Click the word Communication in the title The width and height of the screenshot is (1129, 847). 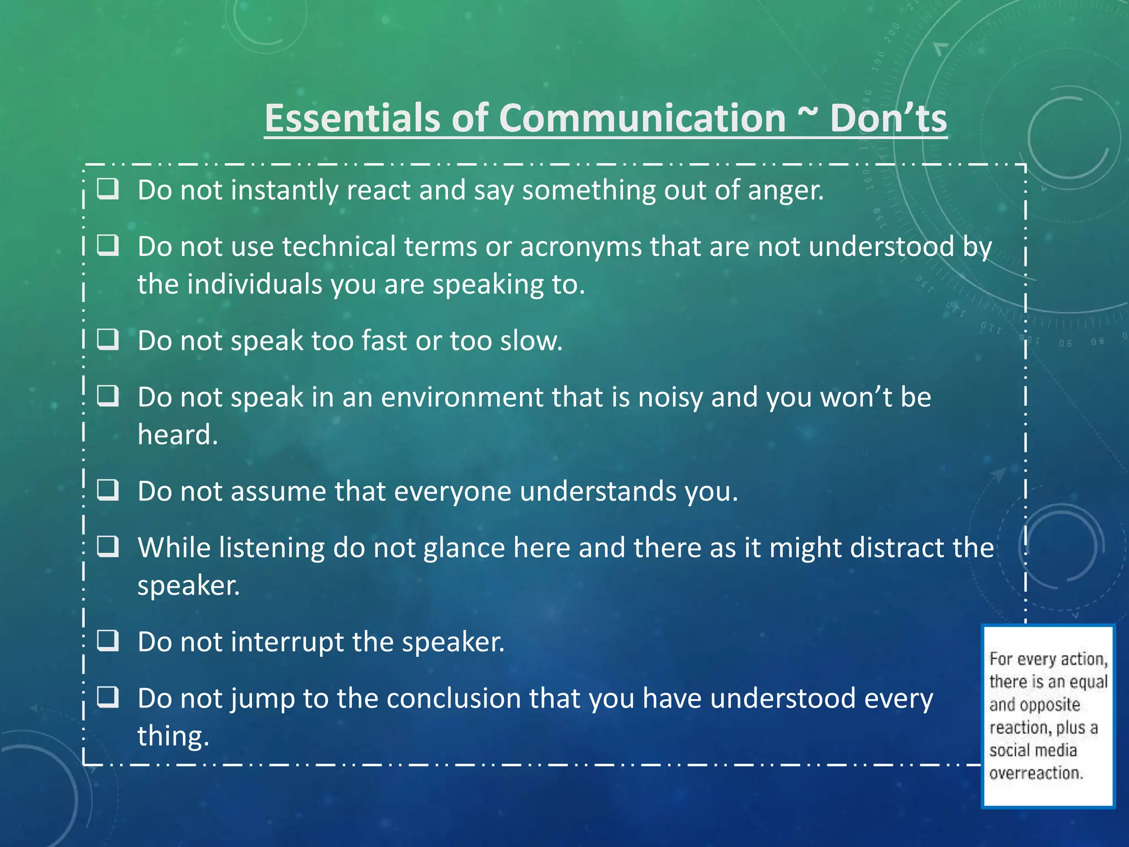click(642, 119)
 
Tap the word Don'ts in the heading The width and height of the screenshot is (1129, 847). click(888, 119)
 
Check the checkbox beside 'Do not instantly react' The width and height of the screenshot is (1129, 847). click(108, 189)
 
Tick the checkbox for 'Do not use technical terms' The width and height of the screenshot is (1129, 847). click(108, 245)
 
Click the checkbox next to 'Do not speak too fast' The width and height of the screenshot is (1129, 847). click(108, 340)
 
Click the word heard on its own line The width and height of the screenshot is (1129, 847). click(177, 435)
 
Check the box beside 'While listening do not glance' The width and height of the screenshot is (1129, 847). click(108, 546)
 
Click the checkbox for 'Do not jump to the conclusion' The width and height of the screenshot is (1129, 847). click(108, 698)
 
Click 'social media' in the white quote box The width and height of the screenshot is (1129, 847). click(1033, 750)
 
